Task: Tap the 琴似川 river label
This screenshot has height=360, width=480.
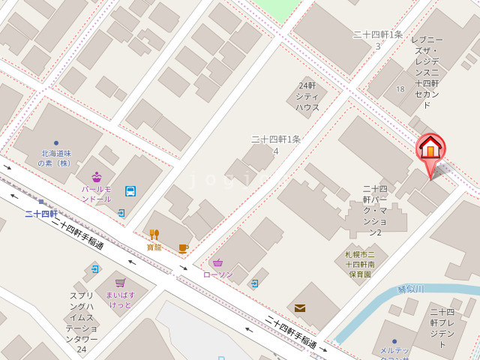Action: [410, 289]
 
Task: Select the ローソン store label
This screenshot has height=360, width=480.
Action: [218, 274]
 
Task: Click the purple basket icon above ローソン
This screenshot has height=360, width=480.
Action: [217, 262]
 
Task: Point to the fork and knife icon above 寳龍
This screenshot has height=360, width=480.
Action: [154, 234]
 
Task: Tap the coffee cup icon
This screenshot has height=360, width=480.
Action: [183, 248]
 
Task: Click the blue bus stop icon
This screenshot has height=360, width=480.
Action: [130, 191]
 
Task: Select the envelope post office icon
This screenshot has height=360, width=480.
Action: [300, 307]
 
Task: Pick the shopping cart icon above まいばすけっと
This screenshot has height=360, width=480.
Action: [120, 283]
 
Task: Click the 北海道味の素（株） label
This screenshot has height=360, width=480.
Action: [55, 157]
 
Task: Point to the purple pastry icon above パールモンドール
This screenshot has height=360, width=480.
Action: [97, 178]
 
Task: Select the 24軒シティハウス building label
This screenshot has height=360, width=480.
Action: [307, 96]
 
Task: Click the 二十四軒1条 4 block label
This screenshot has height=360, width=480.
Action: [275, 145]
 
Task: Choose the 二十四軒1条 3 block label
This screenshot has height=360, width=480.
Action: [378, 40]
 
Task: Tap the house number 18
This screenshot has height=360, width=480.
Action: [400, 89]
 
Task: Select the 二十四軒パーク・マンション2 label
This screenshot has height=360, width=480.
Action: [374, 211]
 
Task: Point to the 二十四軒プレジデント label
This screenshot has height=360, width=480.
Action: [442, 328]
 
